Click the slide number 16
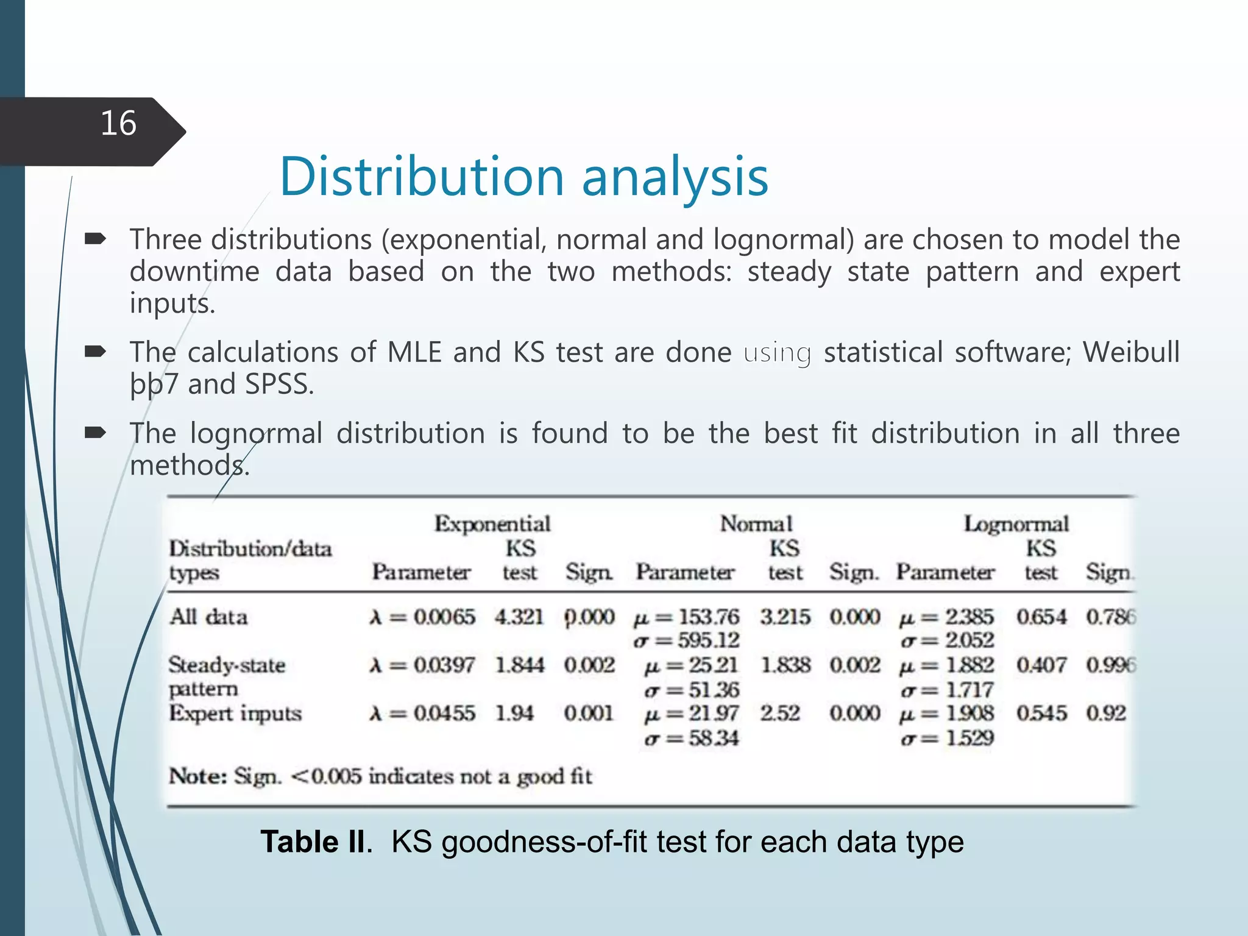(118, 124)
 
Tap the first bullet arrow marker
(96, 239)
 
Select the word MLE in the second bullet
(414, 353)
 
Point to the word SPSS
(278, 385)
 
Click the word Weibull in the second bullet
(1131, 353)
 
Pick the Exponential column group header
(492, 524)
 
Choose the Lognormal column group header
(1016, 524)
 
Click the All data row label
(208, 617)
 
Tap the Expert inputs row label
(235, 713)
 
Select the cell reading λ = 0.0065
(422, 617)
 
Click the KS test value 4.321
(519, 617)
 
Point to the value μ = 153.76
(687, 617)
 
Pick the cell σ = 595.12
(687, 640)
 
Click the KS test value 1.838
(785, 665)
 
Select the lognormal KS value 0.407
(1041, 665)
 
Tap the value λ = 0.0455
(422, 713)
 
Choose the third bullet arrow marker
(96, 433)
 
